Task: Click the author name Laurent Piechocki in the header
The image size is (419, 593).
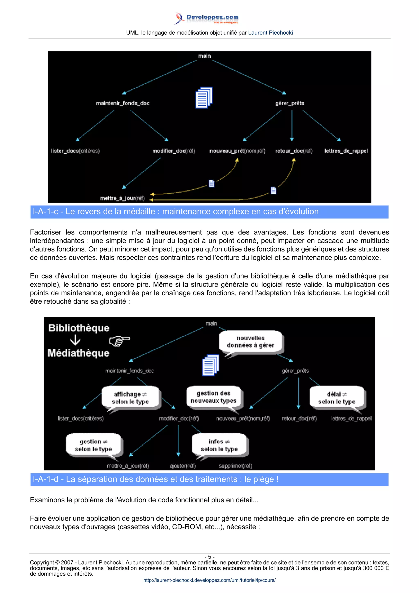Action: [x=270, y=33]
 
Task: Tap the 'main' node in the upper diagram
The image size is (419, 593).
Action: [x=204, y=56]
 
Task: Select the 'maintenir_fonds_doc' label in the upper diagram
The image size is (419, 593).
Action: [x=123, y=103]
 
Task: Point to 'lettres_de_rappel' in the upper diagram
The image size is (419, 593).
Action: [x=346, y=151]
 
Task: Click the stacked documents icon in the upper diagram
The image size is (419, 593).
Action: [x=204, y=98]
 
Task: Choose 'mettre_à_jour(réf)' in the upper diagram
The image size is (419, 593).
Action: [x=122, y=198]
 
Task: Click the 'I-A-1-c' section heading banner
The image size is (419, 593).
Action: [x=209, y=212]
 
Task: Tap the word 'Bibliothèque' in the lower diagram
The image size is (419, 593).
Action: [x=79, y=328]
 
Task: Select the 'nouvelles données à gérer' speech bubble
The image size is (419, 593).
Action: [x=250, y=342]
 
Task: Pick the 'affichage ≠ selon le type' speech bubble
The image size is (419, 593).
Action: [x=130, y=398]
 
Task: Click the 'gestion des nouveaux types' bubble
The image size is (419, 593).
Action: [x=214, y=397]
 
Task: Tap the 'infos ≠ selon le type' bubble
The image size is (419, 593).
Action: [x=219, y=445]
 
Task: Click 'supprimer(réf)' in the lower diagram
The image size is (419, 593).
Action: [x=235, y=466]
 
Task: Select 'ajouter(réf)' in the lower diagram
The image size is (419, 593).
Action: [x=183, y=466]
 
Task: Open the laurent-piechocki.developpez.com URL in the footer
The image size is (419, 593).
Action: [x=209, y=580]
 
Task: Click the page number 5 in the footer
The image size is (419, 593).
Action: [x=209, y=557]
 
